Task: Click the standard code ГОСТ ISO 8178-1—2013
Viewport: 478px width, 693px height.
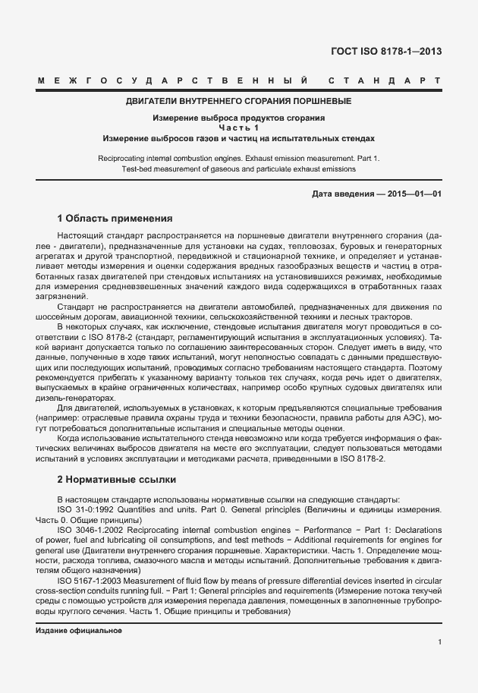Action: coord(386,52)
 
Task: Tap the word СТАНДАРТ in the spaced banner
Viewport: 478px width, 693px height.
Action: coord(385,80)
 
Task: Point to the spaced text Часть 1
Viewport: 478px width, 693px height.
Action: coord(239,128)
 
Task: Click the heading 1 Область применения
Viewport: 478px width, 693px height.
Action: coord(115,218)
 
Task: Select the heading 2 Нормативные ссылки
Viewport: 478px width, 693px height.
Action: coord(117,480)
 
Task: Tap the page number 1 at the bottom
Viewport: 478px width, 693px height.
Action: coord(439,642)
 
